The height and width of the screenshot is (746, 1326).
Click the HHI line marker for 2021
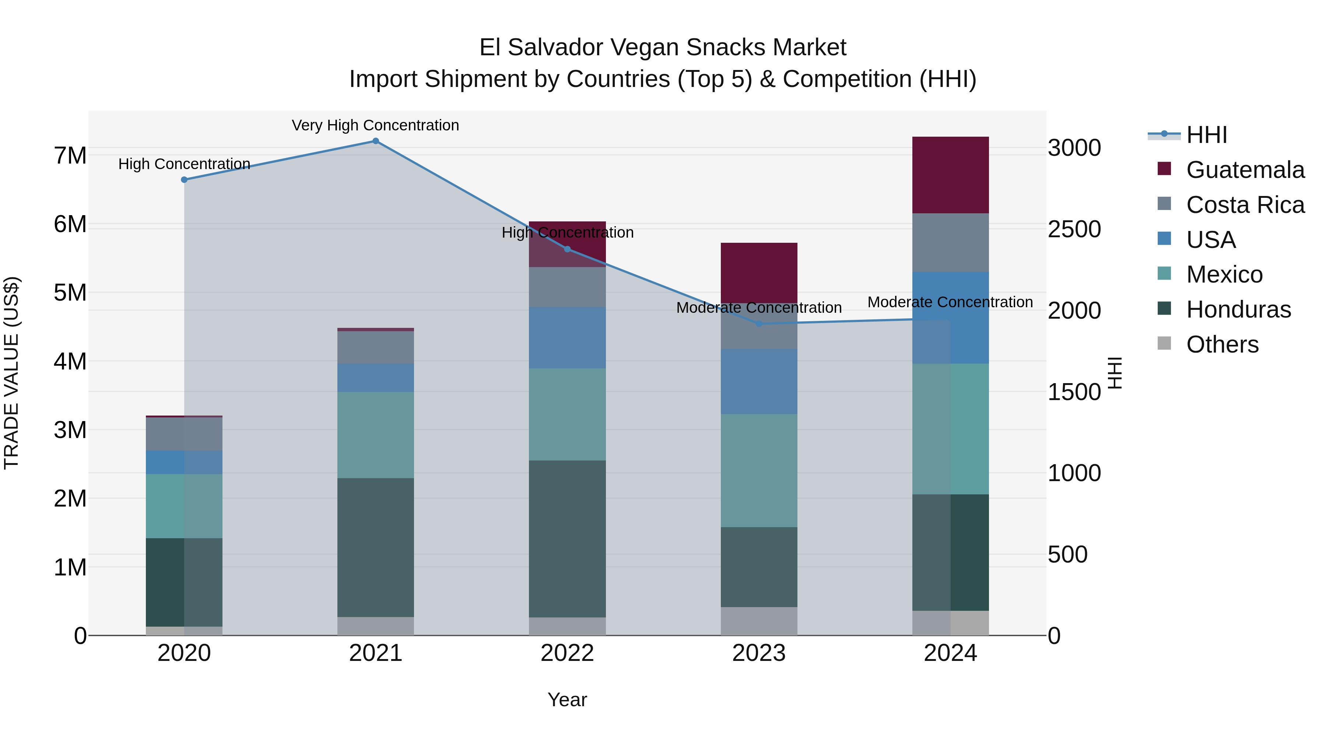[375, 141]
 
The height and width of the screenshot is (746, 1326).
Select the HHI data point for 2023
[759, 324]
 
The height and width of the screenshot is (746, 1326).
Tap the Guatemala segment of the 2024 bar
[950, 175]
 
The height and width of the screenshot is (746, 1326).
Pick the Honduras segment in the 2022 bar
[567, 539]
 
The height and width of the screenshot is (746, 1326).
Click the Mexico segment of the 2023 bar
[759, 470]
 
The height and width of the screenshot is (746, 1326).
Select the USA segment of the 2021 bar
[375, 378]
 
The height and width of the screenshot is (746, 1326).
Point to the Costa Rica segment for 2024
[950, 242]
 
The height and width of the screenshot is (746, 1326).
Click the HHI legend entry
[1207, 135]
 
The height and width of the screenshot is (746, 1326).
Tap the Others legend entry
[1222, 344]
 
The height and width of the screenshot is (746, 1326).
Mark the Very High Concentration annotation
[375, 125]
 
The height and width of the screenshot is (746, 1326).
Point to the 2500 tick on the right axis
[1074, 229]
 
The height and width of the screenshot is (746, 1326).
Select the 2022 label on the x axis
[567, 653]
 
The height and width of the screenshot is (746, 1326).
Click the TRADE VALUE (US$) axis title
[11, 373]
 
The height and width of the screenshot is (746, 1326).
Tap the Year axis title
[567, 700]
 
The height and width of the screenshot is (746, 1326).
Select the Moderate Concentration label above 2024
[950, 302]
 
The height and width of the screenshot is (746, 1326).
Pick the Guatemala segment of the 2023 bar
[759, 273]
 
